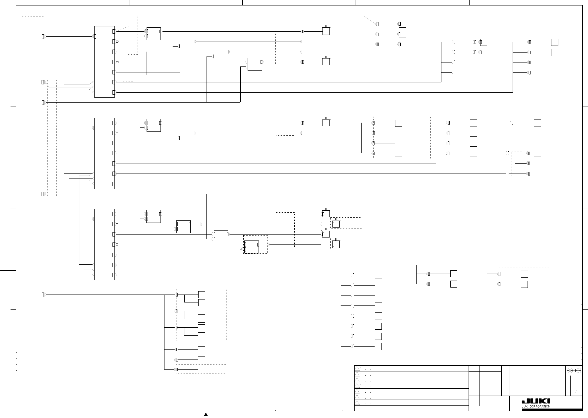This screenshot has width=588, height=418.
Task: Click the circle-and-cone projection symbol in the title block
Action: (x=574, y=371)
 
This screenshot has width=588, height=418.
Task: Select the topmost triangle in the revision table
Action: (x=357, y=368)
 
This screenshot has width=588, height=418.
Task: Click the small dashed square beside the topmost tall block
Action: (x=128, y=88)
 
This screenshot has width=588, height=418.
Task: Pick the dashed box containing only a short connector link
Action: (x=201, y=369)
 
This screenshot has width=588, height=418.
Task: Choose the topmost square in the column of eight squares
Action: (x=378, y=275)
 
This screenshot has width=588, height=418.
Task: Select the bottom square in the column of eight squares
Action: (x=378, y=347)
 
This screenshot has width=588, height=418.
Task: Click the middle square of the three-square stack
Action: (x=402, y=34)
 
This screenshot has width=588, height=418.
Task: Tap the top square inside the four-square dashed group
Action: (x=398, y=123)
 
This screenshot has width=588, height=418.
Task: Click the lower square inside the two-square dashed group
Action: (x=524, y=284)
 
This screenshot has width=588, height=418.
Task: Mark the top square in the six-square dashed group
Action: (x=202, y=295)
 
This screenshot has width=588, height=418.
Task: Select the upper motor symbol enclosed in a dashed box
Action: (x=336, y=223)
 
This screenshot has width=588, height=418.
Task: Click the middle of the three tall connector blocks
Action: (x=104, y=153)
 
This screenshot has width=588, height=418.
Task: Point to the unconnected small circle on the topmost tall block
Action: (x=93, y=92)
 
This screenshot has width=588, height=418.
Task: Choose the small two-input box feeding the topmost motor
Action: (x=154, y=34)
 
